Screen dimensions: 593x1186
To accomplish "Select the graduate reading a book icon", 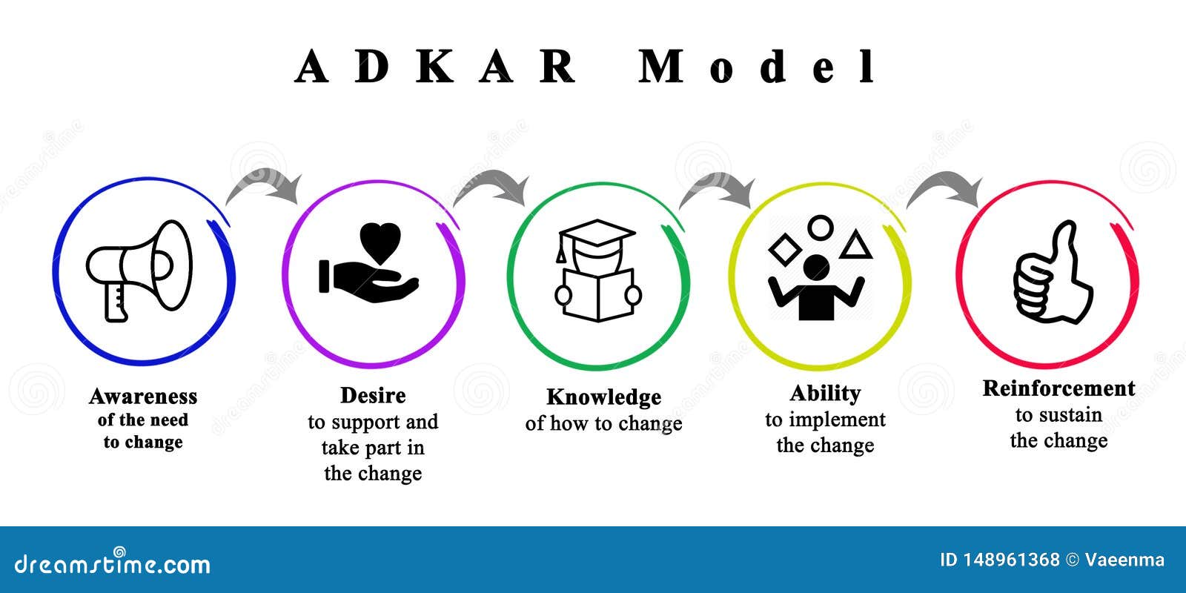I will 597,271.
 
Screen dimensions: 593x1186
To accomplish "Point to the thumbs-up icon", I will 1052,274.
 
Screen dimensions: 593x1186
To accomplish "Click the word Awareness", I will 143,397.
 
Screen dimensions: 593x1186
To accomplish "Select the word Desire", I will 373,396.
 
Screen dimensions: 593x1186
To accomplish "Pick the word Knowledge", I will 603,397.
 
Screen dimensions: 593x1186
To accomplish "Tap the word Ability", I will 825,393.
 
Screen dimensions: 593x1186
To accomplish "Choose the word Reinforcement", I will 1059,388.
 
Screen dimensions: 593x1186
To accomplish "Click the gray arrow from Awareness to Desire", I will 265,185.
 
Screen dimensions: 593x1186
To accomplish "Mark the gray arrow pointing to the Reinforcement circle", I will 945,191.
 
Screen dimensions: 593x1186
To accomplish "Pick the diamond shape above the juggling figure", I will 784,249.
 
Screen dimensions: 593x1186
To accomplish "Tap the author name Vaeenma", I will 1124,560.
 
